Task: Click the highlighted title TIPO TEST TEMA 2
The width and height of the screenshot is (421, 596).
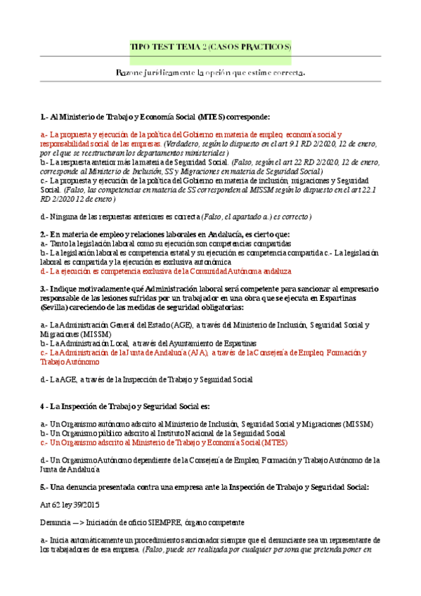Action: point(210,47)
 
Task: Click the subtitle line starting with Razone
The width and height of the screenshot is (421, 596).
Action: point(210,72)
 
